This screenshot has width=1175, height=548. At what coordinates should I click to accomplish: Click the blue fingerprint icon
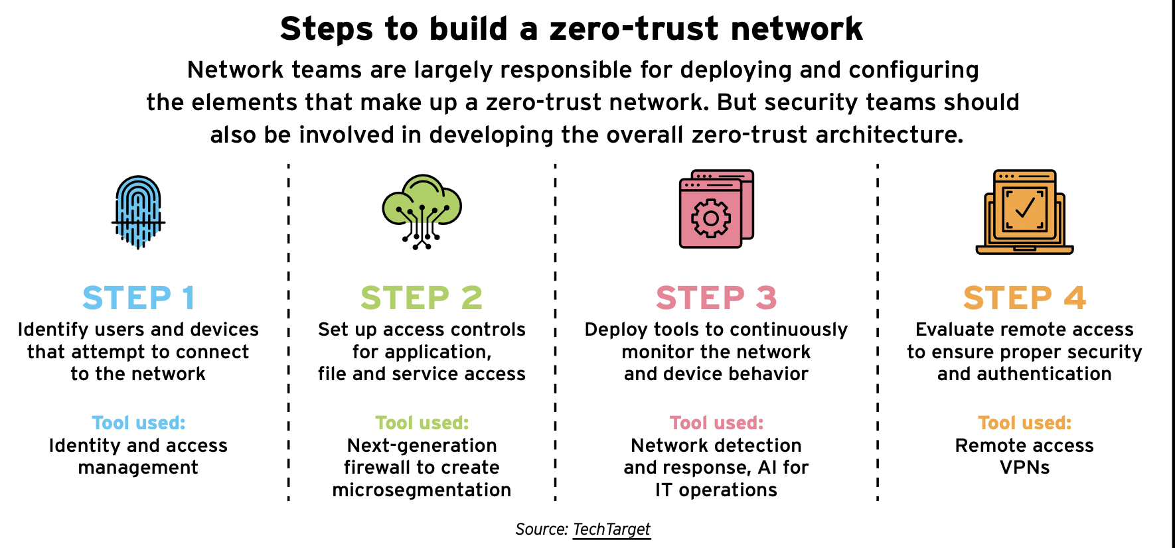click(x=138, y=212)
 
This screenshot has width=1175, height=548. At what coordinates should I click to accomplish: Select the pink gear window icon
click(x=716, y=209)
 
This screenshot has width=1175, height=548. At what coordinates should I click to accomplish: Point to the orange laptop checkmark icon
click(x=1024, y=212)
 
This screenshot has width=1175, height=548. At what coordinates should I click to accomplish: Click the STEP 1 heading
click(x=138, y=298)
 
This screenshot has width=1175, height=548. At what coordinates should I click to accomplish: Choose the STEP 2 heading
click(x=422, y=298)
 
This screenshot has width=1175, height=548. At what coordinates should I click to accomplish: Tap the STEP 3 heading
click(x=716, y=298)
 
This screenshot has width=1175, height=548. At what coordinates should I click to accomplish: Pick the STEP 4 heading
click(x=1024, y=298)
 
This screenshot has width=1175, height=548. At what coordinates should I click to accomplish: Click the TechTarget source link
click(x=611, y=529)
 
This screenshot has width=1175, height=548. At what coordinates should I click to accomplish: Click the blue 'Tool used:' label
click(x=138, y=423)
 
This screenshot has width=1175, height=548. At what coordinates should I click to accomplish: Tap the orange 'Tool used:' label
click(x=1024, y=423)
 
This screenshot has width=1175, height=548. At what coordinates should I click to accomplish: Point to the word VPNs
click(x=1024, y=468)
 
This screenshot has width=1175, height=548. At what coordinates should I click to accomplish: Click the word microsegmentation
click(x=422, y=490)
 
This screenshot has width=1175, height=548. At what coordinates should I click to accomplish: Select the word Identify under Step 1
click(x=53, y=330)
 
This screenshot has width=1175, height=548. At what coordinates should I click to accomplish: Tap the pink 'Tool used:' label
click(x=716, y=423)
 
